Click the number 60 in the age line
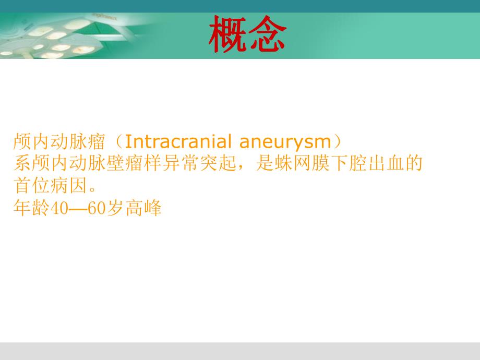point(96,209)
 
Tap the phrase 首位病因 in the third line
point(45,186)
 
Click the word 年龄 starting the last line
point(30,209)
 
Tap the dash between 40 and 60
point(76,209)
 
